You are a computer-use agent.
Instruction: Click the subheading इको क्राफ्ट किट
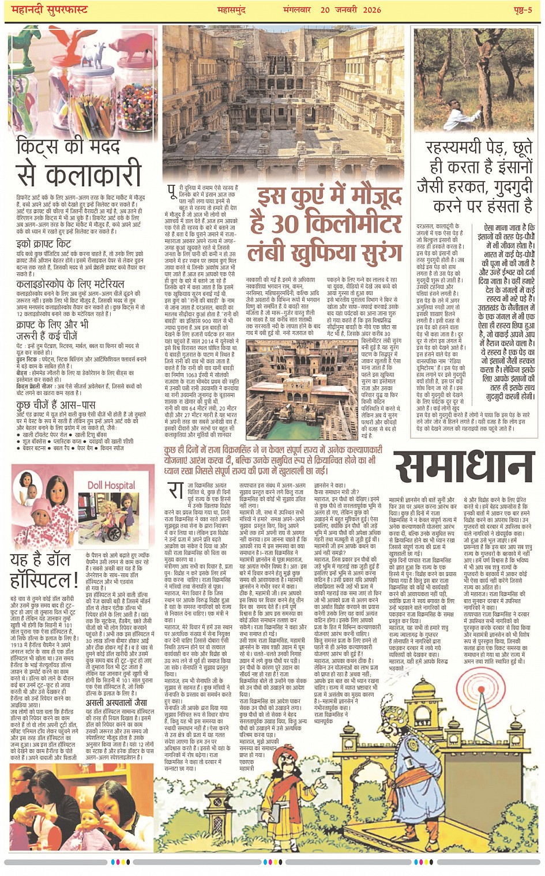pyautogui.click(x=44, y=244)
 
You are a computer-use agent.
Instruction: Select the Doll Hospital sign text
pyautogui.click(x=111, y=485)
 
